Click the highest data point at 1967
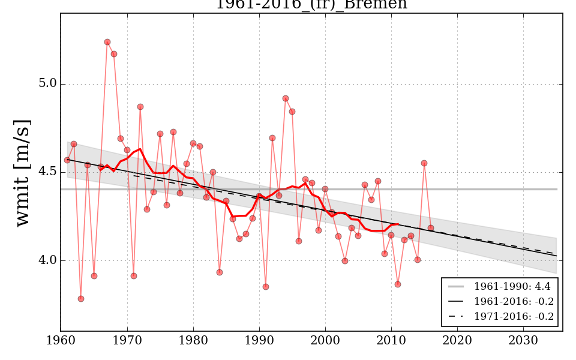pyautogui.click(x=107, y=42)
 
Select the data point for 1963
pyautogui.click(x=81, y=299)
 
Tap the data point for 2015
pyautogui.click(x=424, y=163)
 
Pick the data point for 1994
pyautogui.click(x=286, y=98)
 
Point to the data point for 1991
pyautogui.click(x=266, y=287)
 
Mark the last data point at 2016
pyautogui.click(x=431, y=228)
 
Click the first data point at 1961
pyautogui.click(x=67, y=160)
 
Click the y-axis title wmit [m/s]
pyautogui.click(x=23, y=172)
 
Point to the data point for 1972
pyautogui.click(x=140, y=107)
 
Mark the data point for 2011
pyautogui.click(x=398, y=284)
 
